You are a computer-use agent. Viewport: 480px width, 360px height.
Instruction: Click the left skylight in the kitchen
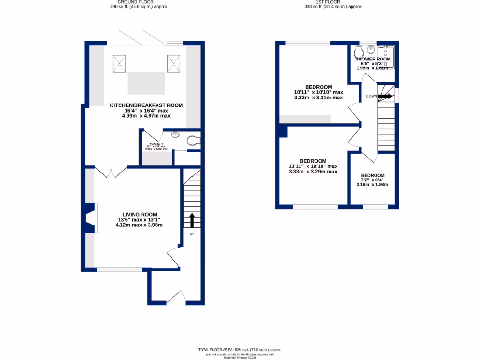(119, 63)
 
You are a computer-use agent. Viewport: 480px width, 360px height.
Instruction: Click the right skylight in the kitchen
(174, 63)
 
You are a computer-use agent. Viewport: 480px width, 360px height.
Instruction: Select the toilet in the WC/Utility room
(194, 140)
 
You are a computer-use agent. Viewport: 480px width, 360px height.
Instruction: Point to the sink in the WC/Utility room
(175, 135)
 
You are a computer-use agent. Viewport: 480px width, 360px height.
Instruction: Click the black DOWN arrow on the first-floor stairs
(385, 96)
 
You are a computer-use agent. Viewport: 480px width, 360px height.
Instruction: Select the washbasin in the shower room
(371, 49)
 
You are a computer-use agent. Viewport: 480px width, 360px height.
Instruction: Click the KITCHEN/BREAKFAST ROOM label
(146, 105)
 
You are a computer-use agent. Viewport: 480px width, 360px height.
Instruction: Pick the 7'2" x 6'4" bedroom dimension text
(373, 180)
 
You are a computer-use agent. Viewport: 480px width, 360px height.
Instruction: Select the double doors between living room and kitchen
(112, 172)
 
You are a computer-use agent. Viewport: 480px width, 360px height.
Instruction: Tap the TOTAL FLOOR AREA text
(240, 350)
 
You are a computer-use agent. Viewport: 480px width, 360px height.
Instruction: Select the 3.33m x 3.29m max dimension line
(313, 172)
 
